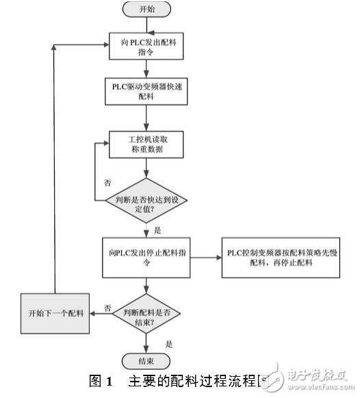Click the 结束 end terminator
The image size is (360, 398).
pyautogui.click(x=144, y=360)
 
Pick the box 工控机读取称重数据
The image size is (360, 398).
pyautogui.click(x=144, y=144)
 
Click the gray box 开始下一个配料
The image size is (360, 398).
pyautogui.click(x=55, y=313)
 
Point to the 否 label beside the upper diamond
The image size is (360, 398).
pyautogui.click(x=107, y=183)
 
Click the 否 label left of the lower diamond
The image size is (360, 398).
pyautogui.click(x=107, y=307)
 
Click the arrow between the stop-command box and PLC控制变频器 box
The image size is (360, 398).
pyautogui.click(x=203, y=256)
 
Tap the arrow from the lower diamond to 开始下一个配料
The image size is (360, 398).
pyautogui.click(x=101, y=314)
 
